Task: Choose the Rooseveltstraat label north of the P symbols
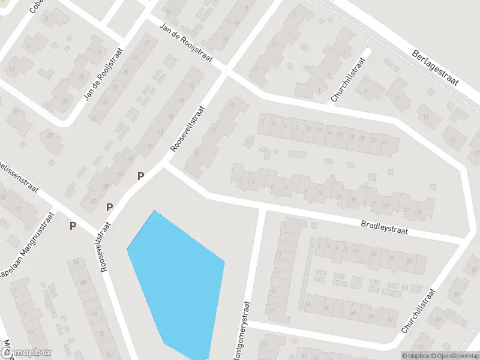click(x=187, y=128)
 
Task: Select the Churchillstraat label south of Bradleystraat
click(x=418, y=310)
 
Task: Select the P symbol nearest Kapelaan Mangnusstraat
click(x=73, y=226)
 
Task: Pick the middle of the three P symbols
click(x=110, y=208)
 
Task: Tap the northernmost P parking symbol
click(x=141, y=176)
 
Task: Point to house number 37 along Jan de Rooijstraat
click(x=94, y=119)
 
